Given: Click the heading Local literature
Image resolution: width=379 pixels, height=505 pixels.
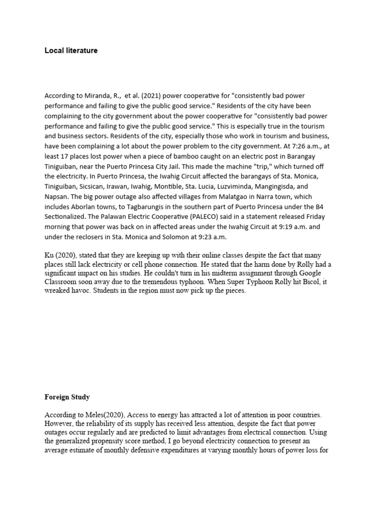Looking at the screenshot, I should (x=71, y=50).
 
